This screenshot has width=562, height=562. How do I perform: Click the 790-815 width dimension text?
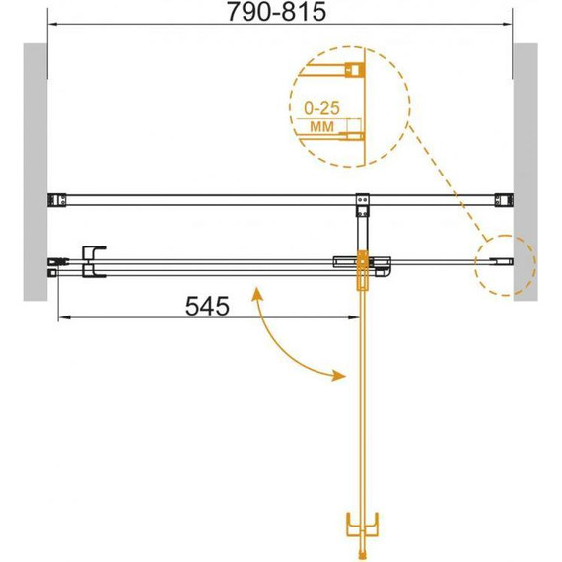(277, 12)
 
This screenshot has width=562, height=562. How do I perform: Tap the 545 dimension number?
(207, 307)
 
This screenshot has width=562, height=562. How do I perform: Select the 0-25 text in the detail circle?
(321, 107)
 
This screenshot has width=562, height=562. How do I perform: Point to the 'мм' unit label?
(321, 126)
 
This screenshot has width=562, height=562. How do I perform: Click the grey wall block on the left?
(35, 172)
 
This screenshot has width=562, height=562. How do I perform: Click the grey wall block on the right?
(526, 172)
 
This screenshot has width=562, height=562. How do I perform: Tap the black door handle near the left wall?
(94, 261)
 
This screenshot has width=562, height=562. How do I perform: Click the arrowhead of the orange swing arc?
(338, 376)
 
